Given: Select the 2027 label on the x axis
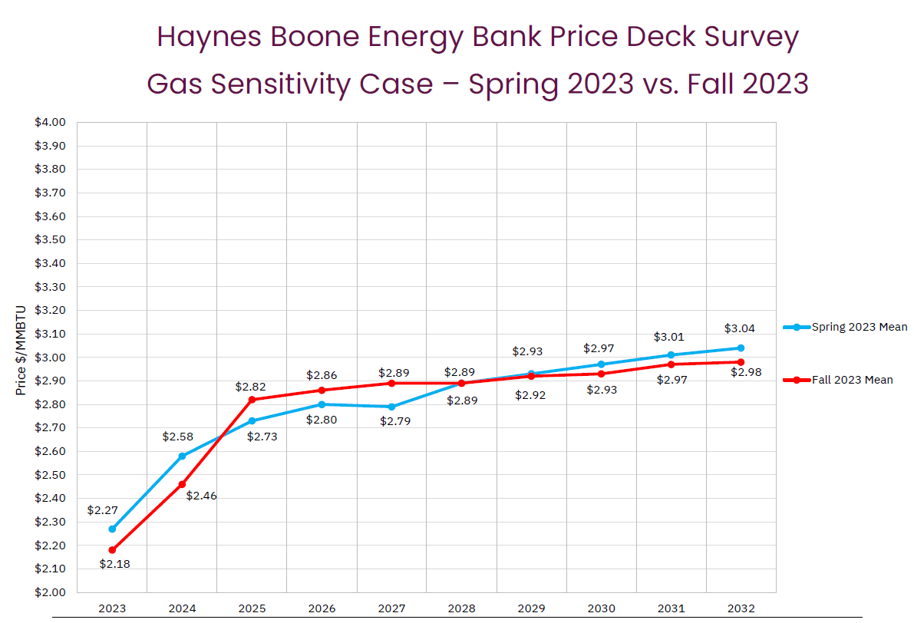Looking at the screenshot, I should coord(391,608).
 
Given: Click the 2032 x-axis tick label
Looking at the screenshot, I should coord(741,608).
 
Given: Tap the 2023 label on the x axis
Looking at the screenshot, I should coord(112,608).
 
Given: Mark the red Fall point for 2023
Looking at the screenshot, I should coord(112,550).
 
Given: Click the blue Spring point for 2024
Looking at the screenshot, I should coord(182,456).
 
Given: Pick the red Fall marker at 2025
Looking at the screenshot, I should coord(252,399).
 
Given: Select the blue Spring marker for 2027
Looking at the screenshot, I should coord(391,407).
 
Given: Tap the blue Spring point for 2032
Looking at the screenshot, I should coord(741,348).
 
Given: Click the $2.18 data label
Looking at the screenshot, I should coord(114,564).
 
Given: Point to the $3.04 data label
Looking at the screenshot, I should coord(739,328).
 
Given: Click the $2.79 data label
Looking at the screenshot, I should coord(395,421).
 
